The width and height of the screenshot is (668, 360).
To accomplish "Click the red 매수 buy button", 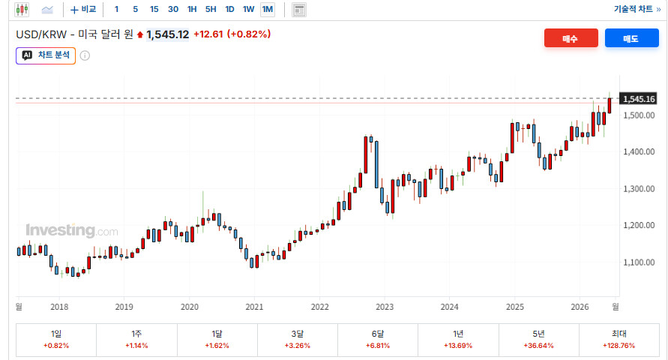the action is (x=571, y=38).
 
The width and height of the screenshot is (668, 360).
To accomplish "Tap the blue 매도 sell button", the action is (x=631, y=38).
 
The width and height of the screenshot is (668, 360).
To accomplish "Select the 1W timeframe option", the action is (x=248, y=9).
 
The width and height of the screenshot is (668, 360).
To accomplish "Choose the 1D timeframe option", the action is (x=229, y=9).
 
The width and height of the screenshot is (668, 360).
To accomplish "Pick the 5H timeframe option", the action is (x=211, y=9).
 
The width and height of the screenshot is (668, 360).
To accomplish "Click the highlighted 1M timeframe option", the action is (x=268, y=9).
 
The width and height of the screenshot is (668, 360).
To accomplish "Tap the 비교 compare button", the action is (x=83, y=9).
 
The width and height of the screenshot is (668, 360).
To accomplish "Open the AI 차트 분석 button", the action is (x=46, y=55).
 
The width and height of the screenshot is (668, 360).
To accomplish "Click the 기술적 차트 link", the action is (x=637, y=9).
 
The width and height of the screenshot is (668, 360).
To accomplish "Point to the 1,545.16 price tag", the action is (x=638, y=99).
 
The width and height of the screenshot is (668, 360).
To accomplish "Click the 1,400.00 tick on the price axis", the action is (x=639, y=151).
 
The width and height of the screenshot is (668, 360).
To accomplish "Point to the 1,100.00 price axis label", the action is (x=639, y=262).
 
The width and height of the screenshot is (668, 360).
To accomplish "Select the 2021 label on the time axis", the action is (x=254, y=307).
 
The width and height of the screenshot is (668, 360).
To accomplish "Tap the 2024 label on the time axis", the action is (x=449, y=307).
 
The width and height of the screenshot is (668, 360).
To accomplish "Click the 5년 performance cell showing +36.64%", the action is (x=538, y=340).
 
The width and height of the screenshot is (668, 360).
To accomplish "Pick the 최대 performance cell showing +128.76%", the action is (x=619, y=340).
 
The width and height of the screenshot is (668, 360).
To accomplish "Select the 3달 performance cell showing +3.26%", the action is (x=298, y=340).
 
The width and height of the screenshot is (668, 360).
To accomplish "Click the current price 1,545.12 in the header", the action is (x=167, y=34).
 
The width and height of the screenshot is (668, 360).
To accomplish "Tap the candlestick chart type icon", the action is (x=22, y=9).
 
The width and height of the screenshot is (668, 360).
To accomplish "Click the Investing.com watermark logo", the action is (x=71, y=230).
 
